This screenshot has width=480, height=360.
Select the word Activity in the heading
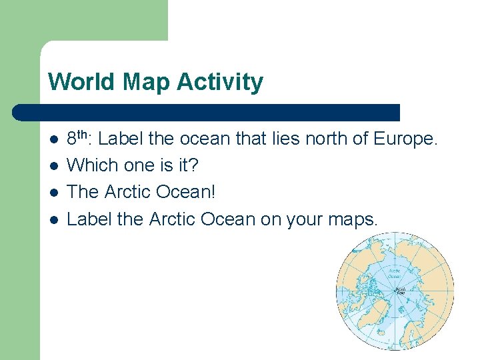click(221, 82)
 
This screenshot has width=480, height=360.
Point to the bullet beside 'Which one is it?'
click(53, 166)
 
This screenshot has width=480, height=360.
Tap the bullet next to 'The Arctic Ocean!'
click(53, 192)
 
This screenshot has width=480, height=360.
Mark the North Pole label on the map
click(400, 289)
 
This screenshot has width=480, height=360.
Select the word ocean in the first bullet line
click(209, 140)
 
